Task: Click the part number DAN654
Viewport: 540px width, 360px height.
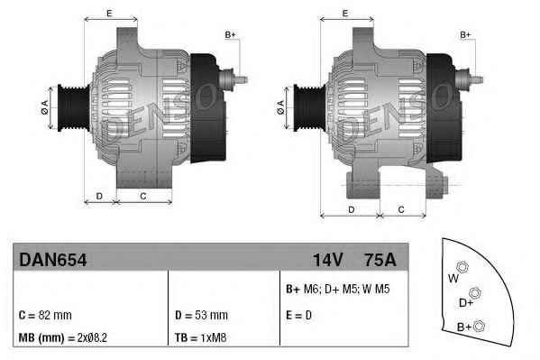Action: [x=52, y=260]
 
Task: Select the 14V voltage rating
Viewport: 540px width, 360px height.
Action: [x=327, y=260]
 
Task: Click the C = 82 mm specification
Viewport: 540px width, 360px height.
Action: [x=45, y=315]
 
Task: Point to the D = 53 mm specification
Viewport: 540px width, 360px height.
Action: [x=201, y=315]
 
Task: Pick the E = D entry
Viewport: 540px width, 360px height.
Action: [x=299, y=315]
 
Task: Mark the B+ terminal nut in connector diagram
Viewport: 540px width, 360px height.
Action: [x=479, y=326]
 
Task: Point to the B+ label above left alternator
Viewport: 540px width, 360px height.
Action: [x=229, y=34]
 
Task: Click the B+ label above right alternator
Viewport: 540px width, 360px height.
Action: [x=466, y=34]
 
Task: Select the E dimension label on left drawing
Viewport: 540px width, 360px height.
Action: [x=109, y=13]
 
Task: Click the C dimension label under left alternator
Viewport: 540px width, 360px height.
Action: [x=143, y=195]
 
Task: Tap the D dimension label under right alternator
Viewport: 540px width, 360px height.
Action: [x=350, y=209]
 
